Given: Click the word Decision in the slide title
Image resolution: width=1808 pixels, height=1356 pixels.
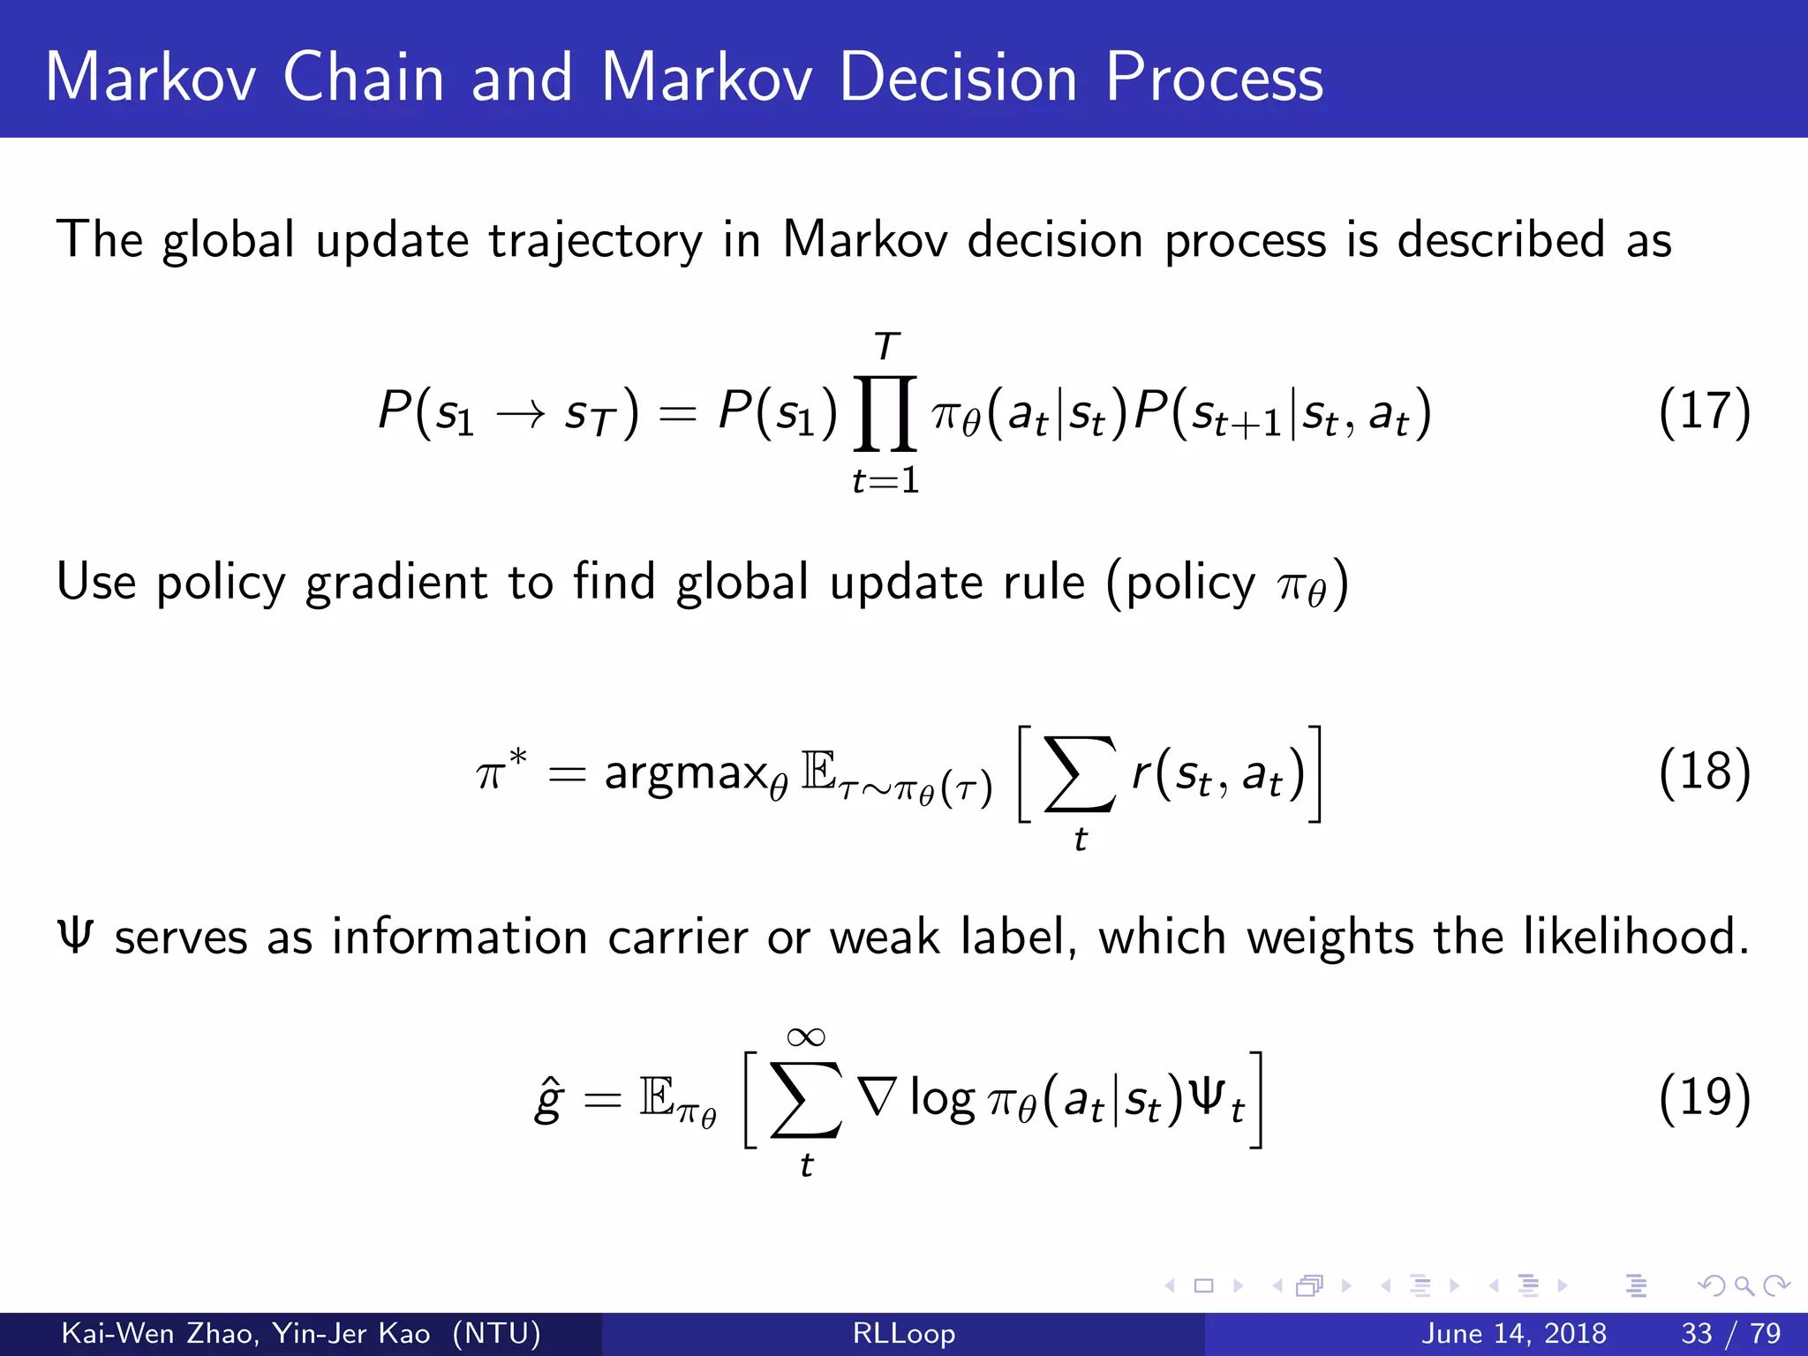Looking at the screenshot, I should pyautogui.click(x=958, y=78).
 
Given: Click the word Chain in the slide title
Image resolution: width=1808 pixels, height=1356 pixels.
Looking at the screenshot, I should pyautogui.click(x=364, y=78).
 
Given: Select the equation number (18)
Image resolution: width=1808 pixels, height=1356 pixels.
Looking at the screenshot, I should pyautogui.click(x=1703, y=772).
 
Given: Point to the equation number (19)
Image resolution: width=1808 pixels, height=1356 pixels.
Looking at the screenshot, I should pyautogui.click(x=1703, y=1098).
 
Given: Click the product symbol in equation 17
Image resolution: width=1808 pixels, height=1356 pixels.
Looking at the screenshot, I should pyautogui.click(x=885, y=413).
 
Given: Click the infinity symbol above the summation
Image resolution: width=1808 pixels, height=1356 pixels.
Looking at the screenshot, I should pyautogui.click(x=806, y=1036).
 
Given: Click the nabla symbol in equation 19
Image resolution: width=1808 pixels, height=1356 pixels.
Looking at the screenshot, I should pyautogui.click(x=878, y=1097).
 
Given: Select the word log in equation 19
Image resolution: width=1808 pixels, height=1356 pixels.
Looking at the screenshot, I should pyautogui.click(x=942, y=1100).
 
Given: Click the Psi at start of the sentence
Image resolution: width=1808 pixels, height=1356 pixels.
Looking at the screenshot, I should pyautogui.click(x=74, y=936).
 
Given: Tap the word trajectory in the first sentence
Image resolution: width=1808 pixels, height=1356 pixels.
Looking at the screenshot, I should pyautogui.click(x=596, y=240).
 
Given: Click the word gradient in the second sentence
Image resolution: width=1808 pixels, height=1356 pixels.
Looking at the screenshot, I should pyautogui.click(x=396, y=583).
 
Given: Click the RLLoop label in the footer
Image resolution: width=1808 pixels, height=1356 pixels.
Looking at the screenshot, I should pyautogui.click(x=903, y=1333).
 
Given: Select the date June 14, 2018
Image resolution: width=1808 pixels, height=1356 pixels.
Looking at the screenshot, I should pyautogui.click(x=1513, y=1333).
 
